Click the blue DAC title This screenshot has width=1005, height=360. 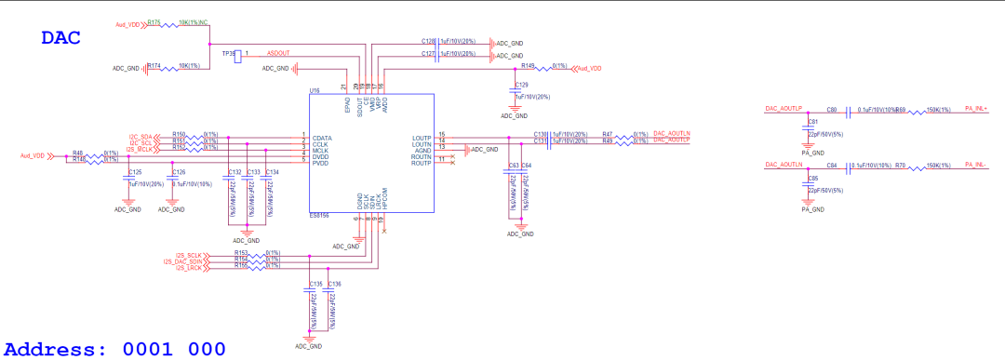[x=60, y=38]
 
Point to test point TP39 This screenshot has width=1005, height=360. [x=229, y=53]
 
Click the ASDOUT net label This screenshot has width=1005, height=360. [x=279, y=53]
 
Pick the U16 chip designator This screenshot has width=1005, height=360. [x=315, y=91]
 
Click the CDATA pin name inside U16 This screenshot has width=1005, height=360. [x=324, y=138]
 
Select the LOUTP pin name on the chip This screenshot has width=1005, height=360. [x=422, y=138]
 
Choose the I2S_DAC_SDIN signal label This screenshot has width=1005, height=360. [x=182, y=261]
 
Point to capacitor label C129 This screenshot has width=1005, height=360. [x=522, y=85]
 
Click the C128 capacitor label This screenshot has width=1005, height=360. [x=429, y=42]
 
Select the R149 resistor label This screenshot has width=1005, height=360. [x=529, y=66]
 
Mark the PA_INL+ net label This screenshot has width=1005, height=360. [x=976, y=109]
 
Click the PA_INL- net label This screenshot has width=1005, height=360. [x=975, y=165]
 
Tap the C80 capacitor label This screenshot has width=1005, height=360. [x=832, y=110]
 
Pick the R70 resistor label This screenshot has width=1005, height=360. [x=901, y=165]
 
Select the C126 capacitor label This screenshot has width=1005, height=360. [x=178, y=172]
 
